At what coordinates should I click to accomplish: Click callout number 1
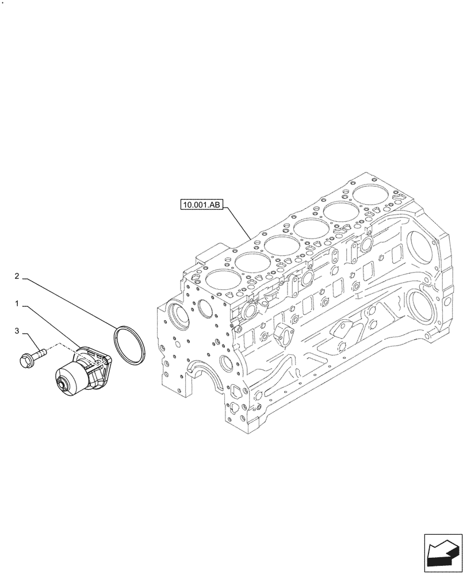click(18, 302)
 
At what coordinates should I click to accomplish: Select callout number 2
click(18, 277)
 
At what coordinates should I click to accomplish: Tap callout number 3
click(18, 331)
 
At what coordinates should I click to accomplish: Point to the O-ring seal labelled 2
click(129, 344)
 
